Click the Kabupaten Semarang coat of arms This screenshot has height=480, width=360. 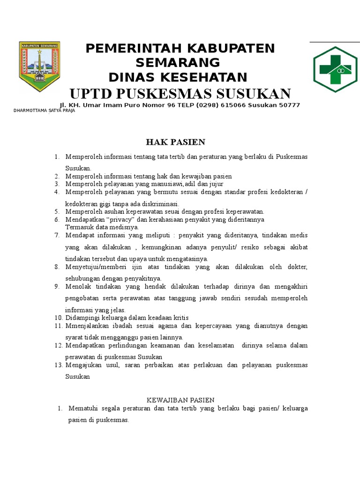tap(39, 66)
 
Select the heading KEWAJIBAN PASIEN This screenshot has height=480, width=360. tap(180, 400)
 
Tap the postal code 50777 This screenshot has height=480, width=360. tap(289, 105)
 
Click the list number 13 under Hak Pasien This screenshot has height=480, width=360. tap(59, 365)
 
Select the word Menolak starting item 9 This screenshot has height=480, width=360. tap(79, 286)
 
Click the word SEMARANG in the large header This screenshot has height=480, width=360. tap(178, 62)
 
